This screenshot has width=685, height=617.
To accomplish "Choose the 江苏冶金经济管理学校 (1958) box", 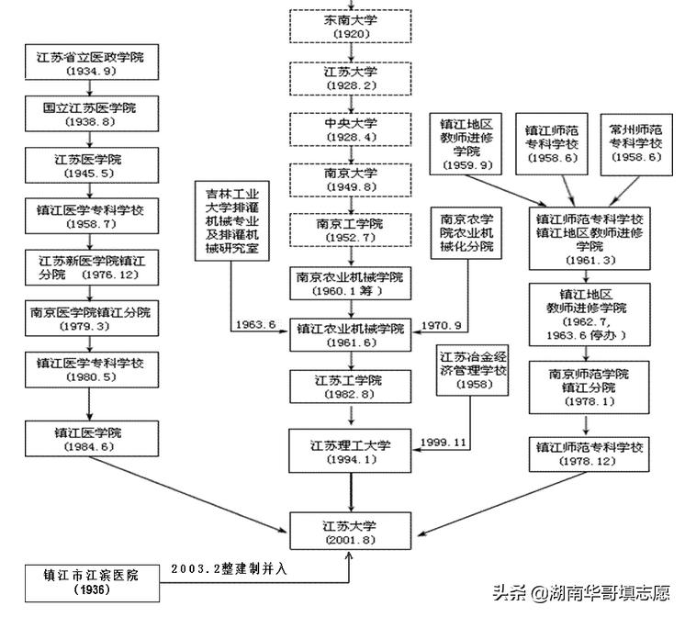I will (x=474, y=369).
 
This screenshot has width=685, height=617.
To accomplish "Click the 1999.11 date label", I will (x=444, y=443).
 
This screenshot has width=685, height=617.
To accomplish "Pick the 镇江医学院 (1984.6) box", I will (x=87, y=439).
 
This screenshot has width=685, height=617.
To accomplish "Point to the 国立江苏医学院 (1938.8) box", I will (x=87, y=115).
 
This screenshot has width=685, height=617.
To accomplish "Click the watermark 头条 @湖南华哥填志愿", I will (x=583, y=592).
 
